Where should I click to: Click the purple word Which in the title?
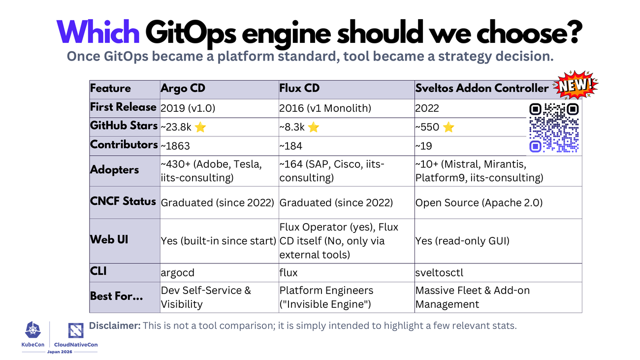[x=98, y=32]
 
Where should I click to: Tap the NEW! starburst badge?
[x=576, y=85]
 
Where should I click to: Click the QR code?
[x=554, y=128]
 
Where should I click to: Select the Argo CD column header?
[x=183, y=88]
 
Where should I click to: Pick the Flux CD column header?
[x=299, y=88]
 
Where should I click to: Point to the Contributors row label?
[x=124, y=145]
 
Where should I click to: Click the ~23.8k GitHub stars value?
[x=176, y=127]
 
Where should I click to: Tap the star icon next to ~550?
[x=448, y=127]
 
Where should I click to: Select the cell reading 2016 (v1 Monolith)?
[x=325, y=108]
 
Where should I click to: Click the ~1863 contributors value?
[x=175, y=146]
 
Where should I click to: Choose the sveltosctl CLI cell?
[x=439, y=272]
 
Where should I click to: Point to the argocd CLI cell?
[x=177, y=273]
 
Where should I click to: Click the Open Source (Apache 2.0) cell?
[x=479, y=202]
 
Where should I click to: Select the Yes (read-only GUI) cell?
[x=462, y=241]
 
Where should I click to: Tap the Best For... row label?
[x=116, y=296]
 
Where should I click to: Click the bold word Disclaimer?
[x=115, y=326]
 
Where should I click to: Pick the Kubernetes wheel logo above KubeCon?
[x=33, y=330]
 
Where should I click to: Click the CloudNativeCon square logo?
[x=76, y=330]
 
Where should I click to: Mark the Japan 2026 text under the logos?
[x=60, y=352]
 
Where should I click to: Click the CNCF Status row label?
[x=123, y=201]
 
